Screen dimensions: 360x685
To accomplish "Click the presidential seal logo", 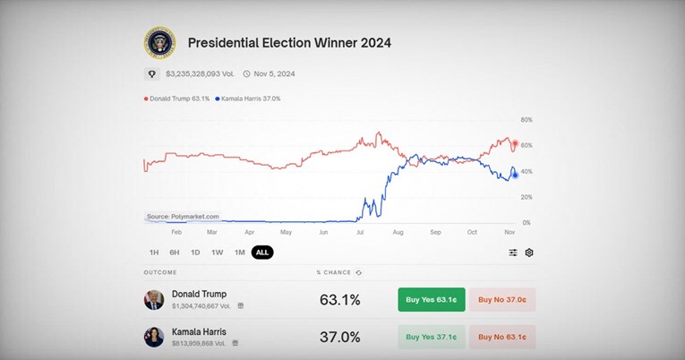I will (x=159, y=42).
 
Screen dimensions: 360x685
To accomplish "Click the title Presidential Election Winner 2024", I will (x=289, y=42).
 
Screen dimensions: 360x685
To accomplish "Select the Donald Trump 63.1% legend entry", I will (x=176, y=98).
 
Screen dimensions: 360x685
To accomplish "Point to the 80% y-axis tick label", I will (x=527, y=119).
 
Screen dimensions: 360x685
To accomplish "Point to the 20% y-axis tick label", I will (x=527, y=197).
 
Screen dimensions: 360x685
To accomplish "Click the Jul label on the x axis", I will (x=360, y=232).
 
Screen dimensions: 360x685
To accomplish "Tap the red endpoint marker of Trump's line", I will (x=514, y=142).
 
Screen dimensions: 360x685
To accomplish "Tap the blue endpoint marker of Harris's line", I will (x=515, y=175).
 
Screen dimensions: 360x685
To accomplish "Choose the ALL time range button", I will (x=262, y=253).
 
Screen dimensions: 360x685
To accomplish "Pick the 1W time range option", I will (x=218, y=253).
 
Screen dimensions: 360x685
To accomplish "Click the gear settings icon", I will (x=529, y=253).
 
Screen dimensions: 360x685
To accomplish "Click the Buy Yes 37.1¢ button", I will (x=432, y=337).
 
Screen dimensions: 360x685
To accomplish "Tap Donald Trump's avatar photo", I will (x=154, y=299).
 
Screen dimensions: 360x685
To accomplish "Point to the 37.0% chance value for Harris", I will (x=339, y=337).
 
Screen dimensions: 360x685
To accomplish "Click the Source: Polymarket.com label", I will (x=183, y=217).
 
